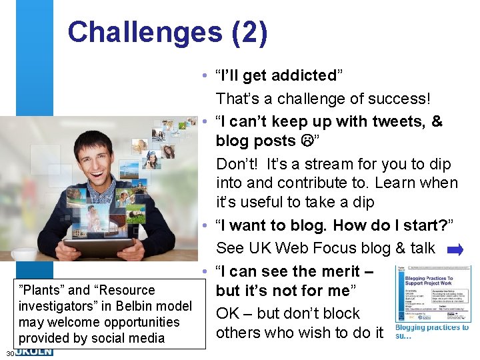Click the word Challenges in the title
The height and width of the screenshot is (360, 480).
click(143, 32)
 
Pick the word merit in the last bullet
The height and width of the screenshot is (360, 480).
click(345, 271)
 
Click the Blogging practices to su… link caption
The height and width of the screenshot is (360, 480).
click(431, 331)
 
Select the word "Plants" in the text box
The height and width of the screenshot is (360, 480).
click(42, 290)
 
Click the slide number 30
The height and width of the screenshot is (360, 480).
click(9, 353)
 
